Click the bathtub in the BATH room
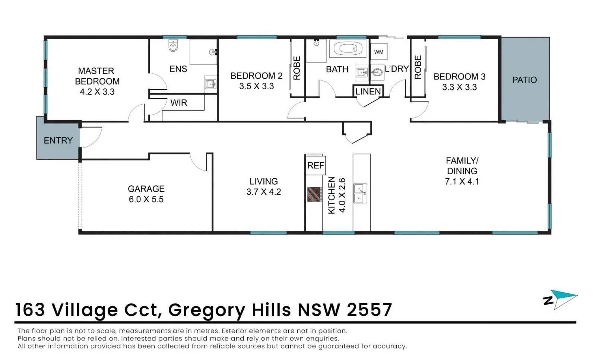[x=348, y=49]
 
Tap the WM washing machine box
[x=379, y=52]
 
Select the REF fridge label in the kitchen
[x=315, y=165]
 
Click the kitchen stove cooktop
[x=315, y=194]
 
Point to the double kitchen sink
[x=360, y=193]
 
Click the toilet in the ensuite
[x=173, y=46]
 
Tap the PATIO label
[x=524, y=80]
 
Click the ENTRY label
[x=58, y=140]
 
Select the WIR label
[x=179, y=103]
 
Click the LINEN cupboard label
[x=368, y=91]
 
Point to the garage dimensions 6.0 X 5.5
[x=146, y=199]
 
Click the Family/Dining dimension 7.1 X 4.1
[x=462, y=182]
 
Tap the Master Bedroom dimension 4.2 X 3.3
[x=97, y=92]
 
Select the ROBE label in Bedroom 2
[x=297, y=68]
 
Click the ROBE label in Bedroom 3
[x=418, y=67]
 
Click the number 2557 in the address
[x=369, y=310]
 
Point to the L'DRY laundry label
[x=397, y=69]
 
